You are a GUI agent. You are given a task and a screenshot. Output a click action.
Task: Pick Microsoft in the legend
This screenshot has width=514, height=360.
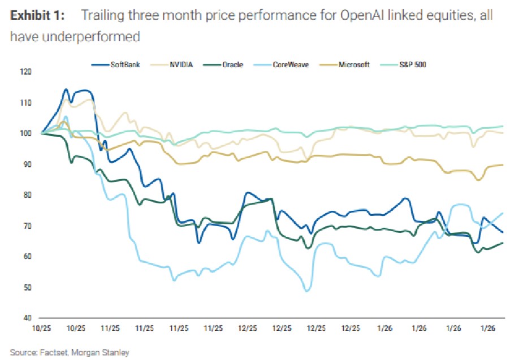354,65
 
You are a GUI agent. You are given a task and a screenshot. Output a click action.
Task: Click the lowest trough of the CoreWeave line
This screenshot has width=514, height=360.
307,291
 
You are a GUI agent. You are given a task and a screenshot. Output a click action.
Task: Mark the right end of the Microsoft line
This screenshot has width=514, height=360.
503,164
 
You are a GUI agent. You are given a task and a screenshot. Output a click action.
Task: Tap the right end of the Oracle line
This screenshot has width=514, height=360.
503,243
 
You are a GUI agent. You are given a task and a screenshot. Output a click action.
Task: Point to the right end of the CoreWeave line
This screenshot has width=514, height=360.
503,213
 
